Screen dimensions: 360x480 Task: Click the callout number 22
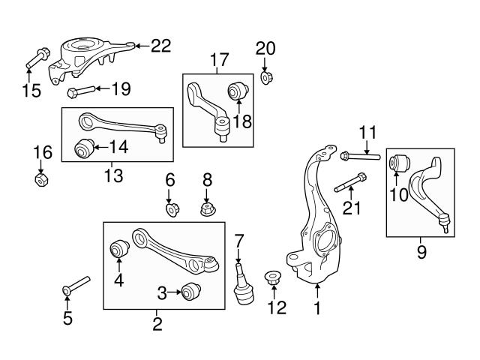point(160,46)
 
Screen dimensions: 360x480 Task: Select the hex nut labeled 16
point(42,180)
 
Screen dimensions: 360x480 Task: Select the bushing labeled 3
point(193,291)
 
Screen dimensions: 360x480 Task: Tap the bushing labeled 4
point(118,248)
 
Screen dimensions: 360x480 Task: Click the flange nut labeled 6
point(172,208)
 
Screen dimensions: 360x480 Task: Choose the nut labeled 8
point(208,208)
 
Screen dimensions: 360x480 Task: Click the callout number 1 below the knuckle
point(317,307)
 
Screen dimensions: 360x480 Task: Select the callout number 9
point(421,252)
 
